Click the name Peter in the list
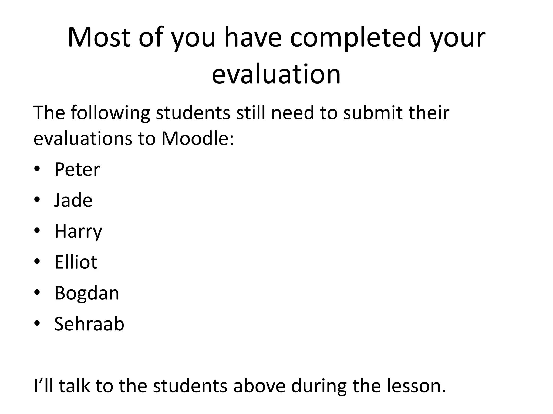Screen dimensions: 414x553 tap(77, 170)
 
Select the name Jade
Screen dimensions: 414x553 tap(73, 200)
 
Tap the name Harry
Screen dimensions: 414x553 tap(78, 232)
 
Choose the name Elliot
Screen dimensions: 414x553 tap(76, 262)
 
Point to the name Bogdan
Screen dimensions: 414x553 tap(87, 293)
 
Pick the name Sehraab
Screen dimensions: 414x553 tap(89, 324)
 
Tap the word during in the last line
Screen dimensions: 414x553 tap(319, 386)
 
